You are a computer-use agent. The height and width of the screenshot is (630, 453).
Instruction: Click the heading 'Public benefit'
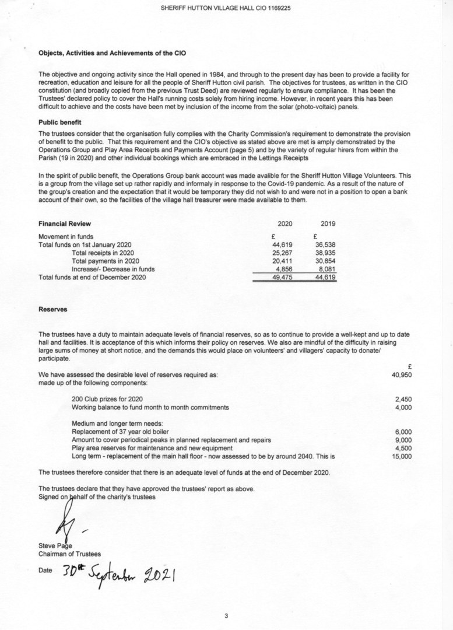click(59, 123)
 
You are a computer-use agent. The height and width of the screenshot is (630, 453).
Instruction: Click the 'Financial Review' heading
click(65, 223)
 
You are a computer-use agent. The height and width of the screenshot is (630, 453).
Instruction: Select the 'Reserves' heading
click(52, 309)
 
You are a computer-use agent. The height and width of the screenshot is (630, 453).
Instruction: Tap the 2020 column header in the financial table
click(285, 223)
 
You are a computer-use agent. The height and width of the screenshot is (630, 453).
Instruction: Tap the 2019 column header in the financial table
click(328, 223)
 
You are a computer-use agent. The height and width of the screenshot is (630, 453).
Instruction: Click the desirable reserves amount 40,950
click(402, 375)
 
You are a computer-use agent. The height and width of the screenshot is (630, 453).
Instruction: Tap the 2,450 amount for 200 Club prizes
click(403, 399)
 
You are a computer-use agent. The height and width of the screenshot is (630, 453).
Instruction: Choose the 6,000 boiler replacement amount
click(403, 432)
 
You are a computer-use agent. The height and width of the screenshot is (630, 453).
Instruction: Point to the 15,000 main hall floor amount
click(402, 456)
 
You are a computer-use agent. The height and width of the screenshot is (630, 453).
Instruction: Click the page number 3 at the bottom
click(226, 615)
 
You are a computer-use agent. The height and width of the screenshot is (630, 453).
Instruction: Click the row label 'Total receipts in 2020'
click(103, 253)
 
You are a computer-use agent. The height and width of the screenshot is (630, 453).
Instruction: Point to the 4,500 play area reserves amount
click(403, 448)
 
